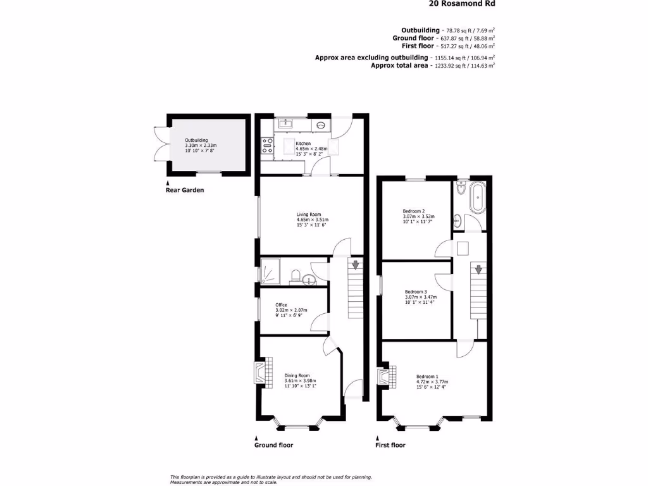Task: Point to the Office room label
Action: click(281, 305)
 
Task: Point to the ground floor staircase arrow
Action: click(356, 265)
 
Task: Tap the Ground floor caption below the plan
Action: click(273, 445)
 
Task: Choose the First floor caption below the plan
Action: click(390, 445)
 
